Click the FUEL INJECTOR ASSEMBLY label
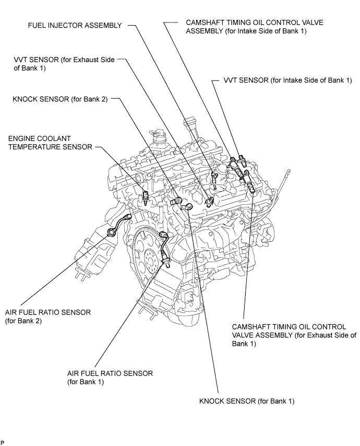point(75,25)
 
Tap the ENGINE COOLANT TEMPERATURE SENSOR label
point(50,143)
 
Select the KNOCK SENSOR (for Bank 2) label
point(60,99)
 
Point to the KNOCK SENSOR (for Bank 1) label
point(247,401)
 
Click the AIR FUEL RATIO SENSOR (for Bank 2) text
point(48,316)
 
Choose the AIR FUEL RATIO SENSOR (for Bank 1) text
point(110,378)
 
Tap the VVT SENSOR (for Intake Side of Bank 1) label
point(288,80)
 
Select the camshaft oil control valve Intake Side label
point(255,27)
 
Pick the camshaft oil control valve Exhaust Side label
point(294,335)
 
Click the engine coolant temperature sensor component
point(146,197)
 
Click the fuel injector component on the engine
point(214,180)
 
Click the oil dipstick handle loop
point(288,173)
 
